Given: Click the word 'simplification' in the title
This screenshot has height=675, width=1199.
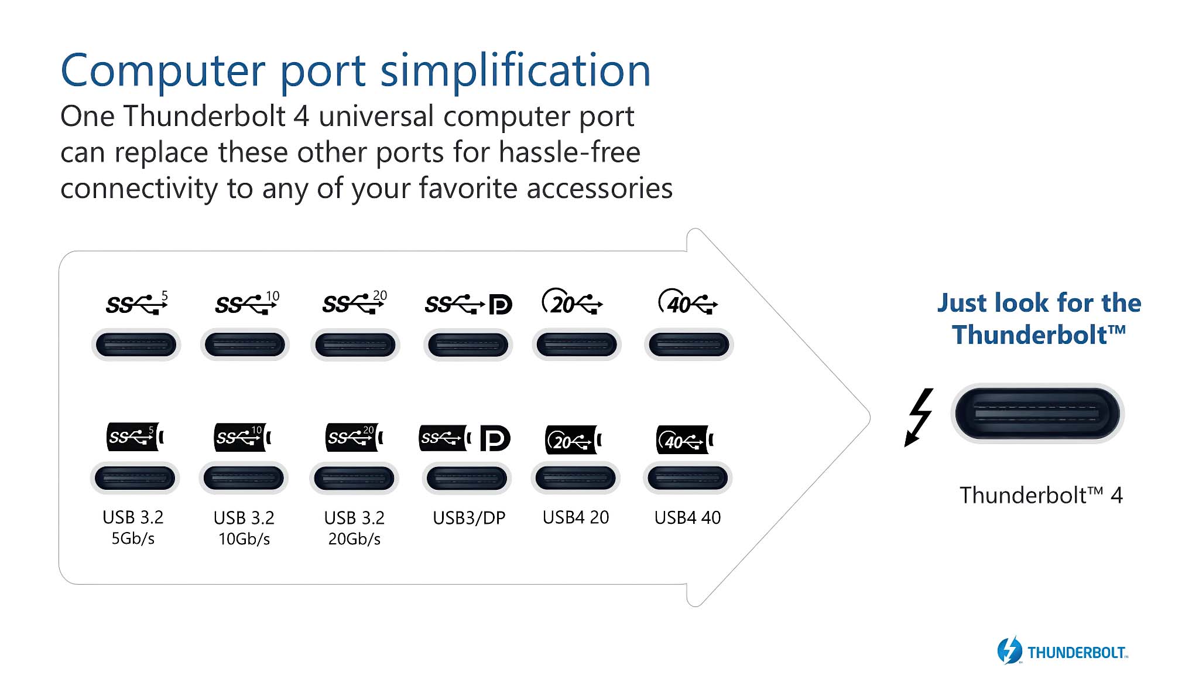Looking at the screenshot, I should (x=515, y=70).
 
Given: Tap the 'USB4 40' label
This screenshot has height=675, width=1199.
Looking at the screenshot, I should (x=687, y=517).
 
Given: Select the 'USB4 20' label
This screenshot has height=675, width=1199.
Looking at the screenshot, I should (x=575, y=517).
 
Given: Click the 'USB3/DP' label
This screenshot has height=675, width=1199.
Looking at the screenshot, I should (x=469, y=518).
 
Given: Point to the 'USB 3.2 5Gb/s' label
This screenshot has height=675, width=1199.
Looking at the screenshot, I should (x=133, y=527).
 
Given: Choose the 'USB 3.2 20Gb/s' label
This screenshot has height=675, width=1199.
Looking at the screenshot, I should (x=354, y=528).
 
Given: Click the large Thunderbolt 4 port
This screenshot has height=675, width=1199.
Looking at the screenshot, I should (x=1037, y=413).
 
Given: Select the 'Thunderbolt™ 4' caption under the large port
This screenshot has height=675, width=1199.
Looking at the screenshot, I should (x=1041, y=496).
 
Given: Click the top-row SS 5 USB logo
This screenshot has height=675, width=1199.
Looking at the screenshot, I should (x=136, y=304).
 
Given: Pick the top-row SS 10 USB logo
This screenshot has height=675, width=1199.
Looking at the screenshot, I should (x=246, y=304).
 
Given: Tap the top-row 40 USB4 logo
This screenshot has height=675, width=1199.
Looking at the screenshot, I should (x=688, y=302).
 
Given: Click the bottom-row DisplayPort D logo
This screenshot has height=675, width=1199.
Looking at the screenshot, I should (x=495, y=438).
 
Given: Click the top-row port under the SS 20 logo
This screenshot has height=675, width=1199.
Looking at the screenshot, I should (x=355, y=345).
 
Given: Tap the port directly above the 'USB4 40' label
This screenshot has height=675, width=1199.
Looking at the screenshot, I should (x=687, y=478).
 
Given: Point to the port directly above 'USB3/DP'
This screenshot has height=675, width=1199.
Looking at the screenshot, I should (x=467, y=478).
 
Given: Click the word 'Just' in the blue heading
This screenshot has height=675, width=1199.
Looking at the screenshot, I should (x=962, y=303).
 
